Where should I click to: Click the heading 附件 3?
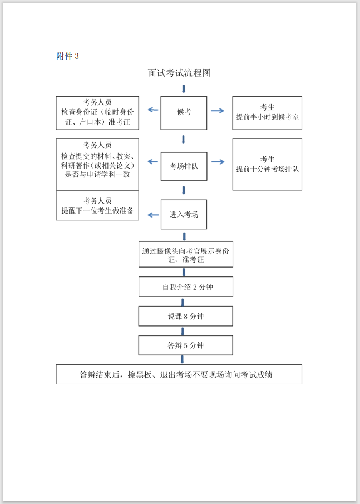coord(68,56)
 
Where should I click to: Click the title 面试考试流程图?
coord(179,73)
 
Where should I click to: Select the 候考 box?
coord(184,112)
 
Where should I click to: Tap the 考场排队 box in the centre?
coord(184,166)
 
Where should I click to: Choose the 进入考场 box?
coord(184,214)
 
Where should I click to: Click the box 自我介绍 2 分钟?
coord(185,287)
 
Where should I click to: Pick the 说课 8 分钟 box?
coord(185,316)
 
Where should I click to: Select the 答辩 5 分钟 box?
coord(185,345)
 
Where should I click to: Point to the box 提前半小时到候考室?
coord(267,112)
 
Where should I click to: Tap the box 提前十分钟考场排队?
coord(267,164)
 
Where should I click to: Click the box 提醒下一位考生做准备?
coord(97,205)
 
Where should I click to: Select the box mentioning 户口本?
coord(97,112)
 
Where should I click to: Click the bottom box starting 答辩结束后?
coord(179,374)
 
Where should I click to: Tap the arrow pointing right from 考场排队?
coord(218,162)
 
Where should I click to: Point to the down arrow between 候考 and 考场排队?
coord(183,139)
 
